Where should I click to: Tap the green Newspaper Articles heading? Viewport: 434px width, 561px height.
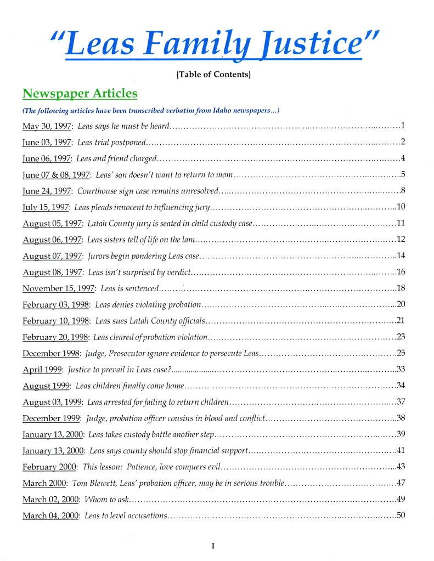click(80, 93)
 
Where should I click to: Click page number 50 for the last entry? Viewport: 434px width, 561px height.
click(401, 515)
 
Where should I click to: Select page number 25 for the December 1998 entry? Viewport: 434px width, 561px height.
click(401, 353)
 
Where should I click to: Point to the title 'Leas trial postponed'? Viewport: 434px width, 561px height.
click(111, 143)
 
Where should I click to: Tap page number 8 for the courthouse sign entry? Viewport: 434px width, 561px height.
click(403, 191)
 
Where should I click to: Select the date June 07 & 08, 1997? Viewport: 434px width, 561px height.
click(56, 175)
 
